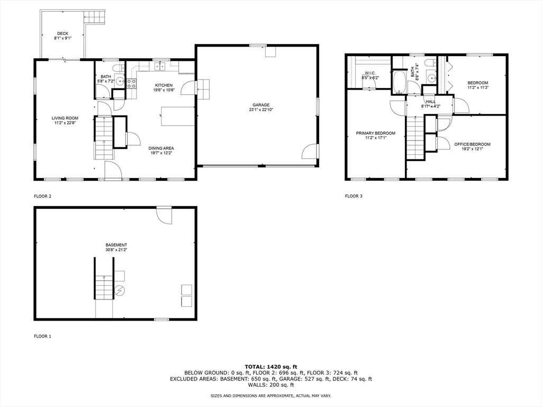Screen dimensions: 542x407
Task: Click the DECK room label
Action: [62, 33]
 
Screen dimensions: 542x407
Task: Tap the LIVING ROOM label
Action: [65, 118]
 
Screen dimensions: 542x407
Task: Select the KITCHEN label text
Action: [164, 85]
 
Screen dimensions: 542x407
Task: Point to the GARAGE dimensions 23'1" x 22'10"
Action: [261, 110]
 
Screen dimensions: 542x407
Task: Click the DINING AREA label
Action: [161, 148]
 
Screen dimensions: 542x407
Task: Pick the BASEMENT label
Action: [116, 245]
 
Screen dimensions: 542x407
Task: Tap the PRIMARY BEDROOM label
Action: [376, 133]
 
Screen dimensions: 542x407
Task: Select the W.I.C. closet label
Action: [370, 73]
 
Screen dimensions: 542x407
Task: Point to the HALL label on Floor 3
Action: [431, 102]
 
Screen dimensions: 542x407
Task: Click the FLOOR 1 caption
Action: [42, 336]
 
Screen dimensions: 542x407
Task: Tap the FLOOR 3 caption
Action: [354, 196]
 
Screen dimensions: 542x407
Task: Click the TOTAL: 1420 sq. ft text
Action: [271, 367]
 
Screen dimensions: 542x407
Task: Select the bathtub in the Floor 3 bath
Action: [399, 82]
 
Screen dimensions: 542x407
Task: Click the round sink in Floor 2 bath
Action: [120, 81]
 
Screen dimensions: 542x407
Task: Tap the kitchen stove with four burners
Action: [132, 83]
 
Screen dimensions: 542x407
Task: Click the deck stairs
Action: [94, 16]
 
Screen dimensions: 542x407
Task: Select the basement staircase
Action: [104, 287]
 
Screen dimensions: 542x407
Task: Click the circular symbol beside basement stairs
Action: [120, 291]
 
